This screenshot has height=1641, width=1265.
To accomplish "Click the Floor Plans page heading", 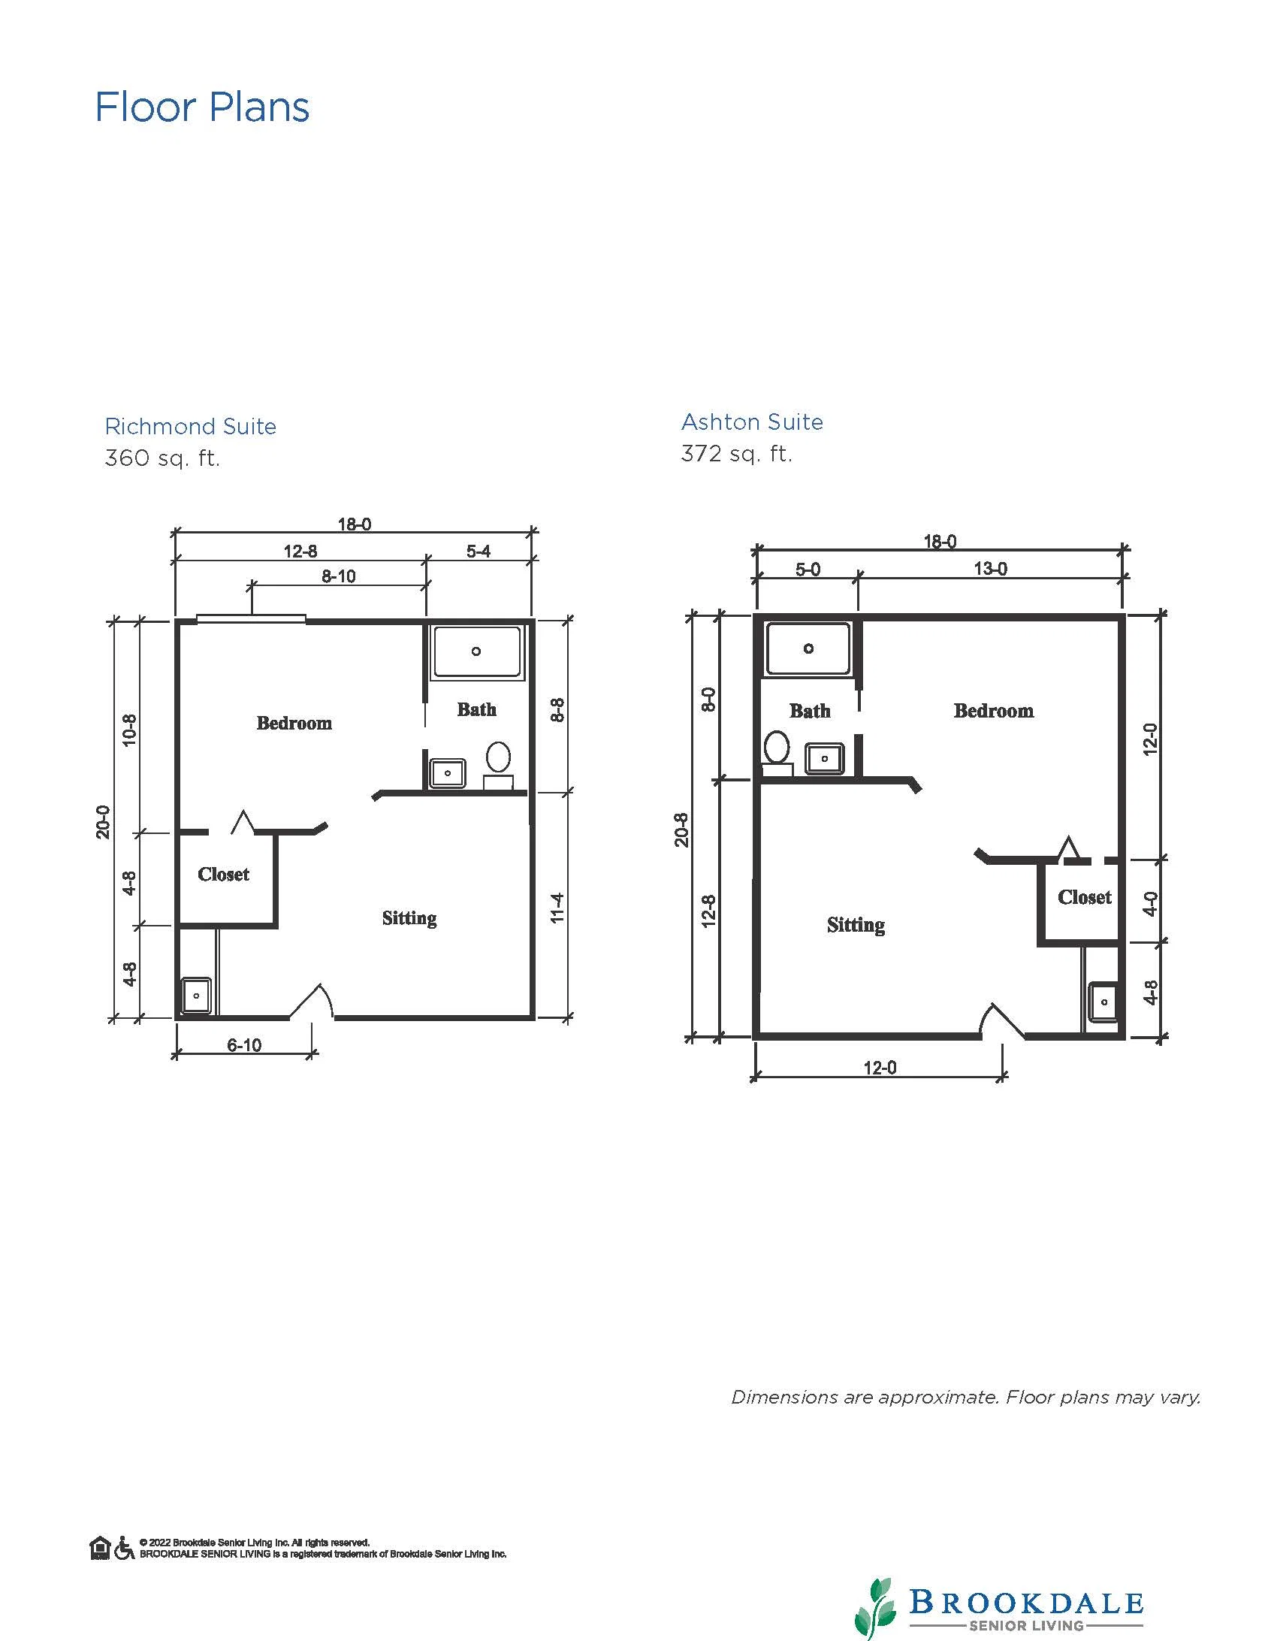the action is tap(202, 107).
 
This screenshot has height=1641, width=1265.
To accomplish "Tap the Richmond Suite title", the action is tap(191, 426).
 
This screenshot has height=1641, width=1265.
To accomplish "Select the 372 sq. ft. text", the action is tap(736, 454).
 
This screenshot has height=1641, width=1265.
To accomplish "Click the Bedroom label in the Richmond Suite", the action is tap(294, 723).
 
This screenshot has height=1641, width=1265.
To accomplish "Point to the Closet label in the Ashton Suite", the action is tap(1084, 897).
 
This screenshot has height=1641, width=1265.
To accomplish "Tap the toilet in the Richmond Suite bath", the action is tap(498, 764).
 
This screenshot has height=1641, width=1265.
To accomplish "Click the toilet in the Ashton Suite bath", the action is tap(777, 754).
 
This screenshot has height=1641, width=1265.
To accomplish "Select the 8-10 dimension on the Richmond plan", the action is tap(339, 576).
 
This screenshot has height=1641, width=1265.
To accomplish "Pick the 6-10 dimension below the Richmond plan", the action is tap(244, 1045).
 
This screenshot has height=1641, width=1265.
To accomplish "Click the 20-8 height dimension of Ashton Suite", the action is tap(681, 829).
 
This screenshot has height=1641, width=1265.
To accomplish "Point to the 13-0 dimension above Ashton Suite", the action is tap(990, 569).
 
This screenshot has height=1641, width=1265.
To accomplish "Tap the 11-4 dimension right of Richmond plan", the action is tap(557, 908).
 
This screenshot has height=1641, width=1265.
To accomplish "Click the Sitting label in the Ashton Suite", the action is tap(856, 925).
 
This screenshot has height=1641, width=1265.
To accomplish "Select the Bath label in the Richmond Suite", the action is tap(477, 709).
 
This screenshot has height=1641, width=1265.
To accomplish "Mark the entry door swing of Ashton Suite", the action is tap(1001, 1020).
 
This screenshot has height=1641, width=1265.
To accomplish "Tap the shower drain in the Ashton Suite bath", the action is tap(808, 648).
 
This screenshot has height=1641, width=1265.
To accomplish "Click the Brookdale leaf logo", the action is tap(876, 1606).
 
